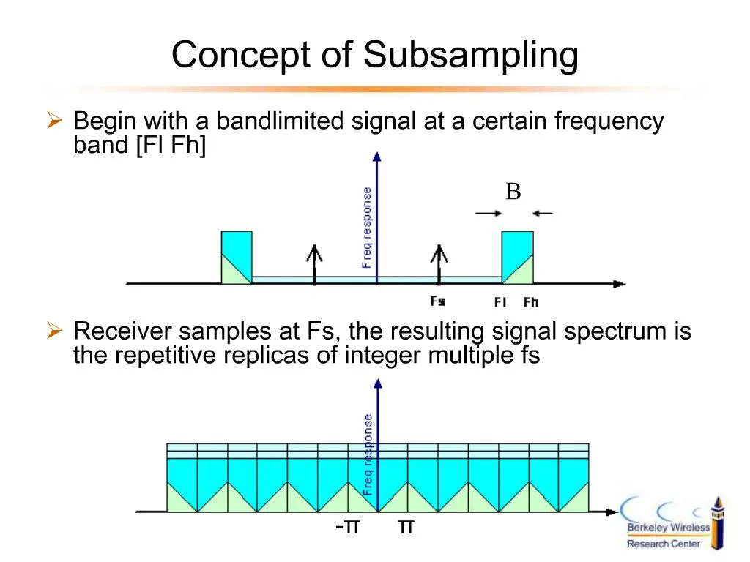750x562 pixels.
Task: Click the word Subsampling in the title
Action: click(x=471, y=56)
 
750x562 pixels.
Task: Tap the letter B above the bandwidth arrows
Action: click(x=513, y=192)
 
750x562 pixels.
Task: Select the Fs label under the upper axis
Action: click(x=438, y=301)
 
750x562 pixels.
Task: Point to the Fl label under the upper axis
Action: click(x=501, y=301)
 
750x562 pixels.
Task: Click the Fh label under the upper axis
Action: click(x=531, y=301)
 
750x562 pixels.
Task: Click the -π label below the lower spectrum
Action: click(x=348, y=526)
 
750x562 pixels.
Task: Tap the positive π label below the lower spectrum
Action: click(x=406, y=526)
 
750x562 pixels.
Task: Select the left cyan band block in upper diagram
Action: click(x=237, y=257)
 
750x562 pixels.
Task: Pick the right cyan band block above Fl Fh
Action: click(x=517, y=257)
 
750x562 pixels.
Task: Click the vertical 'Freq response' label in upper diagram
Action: click(x=367, y=227)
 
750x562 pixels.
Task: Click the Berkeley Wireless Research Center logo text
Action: click(x=667, y=535)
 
